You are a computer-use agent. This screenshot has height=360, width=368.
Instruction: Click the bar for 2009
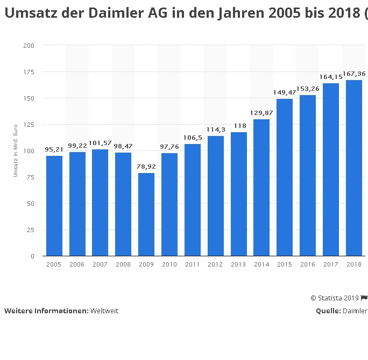(146, 214)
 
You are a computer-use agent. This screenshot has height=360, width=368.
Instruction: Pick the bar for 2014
(261, 188)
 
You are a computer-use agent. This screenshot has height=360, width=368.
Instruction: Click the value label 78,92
(146, 167)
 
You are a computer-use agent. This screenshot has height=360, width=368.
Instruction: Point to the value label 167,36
(355, 74)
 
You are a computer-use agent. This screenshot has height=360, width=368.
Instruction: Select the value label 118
(238, 126)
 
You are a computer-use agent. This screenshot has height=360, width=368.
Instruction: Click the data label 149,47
(285, 92)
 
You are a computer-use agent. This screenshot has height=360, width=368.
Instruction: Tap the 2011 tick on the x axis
(192, 264)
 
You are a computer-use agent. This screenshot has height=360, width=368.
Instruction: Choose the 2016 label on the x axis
(308, 264)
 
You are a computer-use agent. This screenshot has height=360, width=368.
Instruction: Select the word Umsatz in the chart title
(26, 14)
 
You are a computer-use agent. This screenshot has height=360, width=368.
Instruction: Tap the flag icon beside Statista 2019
(364, 298)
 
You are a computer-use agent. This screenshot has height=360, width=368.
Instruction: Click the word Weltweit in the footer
(104, 311)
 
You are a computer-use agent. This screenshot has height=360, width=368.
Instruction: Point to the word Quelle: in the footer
(328, 311)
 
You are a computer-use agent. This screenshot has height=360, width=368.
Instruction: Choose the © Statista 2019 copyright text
(335, 298)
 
